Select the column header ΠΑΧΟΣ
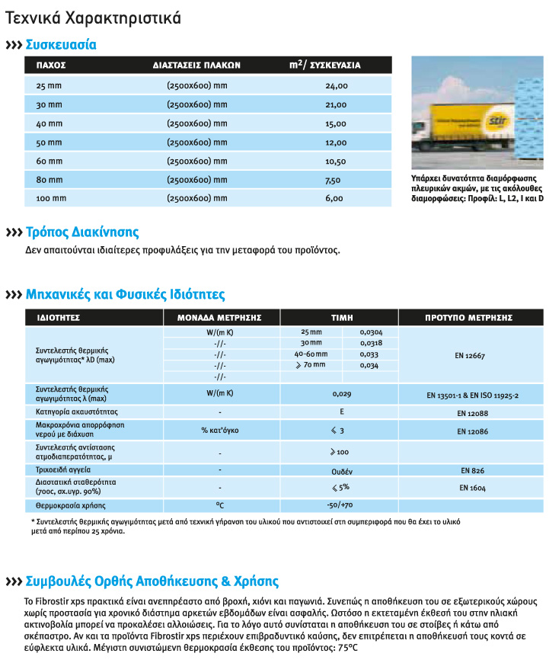click(x=51, y=65)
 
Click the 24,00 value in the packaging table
click(x=336, y=86)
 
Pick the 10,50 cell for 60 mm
click(x=336, y=162)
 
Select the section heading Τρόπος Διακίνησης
click(x=82, y=232)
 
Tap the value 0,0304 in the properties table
click(x=369, y=332)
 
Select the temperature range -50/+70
click(x=340, y=505)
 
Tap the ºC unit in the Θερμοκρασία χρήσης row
click(x=219, y=505)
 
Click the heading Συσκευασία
click(x=61, y=45)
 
